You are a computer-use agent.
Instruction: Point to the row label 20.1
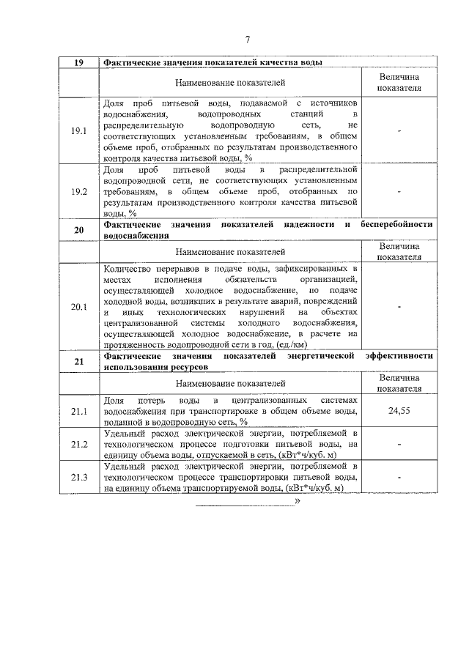78,307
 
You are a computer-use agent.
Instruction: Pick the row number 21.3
78,478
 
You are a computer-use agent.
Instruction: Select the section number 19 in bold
78,63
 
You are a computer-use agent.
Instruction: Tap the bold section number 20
78,231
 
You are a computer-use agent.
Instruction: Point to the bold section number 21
78,361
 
